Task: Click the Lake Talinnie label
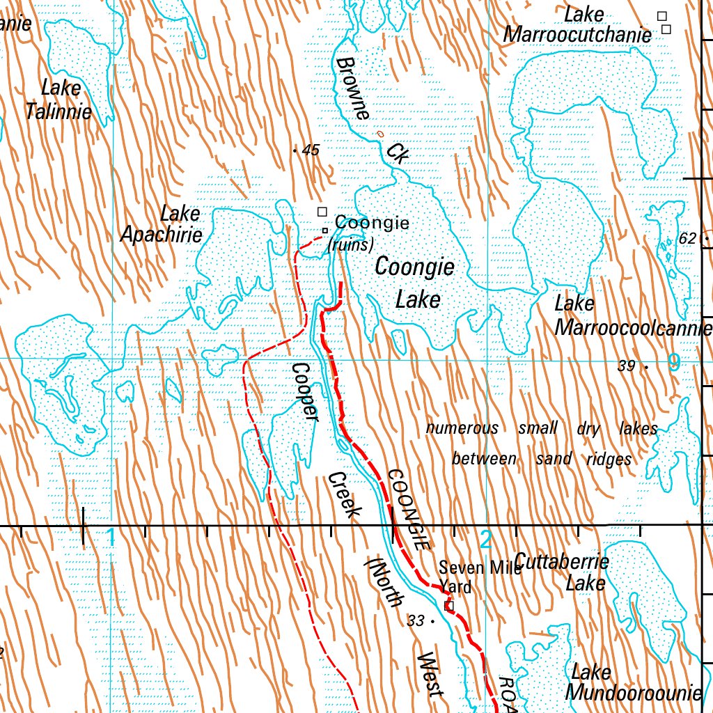pyautogui.click(x=60, y=100)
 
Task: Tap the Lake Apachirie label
pyautogui.click(x=162, y=224)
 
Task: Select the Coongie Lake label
pyautogui.click(x=415, y=283)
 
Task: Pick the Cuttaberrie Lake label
pyautogui.click(x=561, y=572)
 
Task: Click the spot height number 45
pyautogui.click(x=311, y=150)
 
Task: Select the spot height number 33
pyautogui.click(x=416, y=620)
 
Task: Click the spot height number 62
pyautogui.click(x=687, y=239)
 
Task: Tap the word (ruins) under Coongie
pyautogui.click(x=351, y=244)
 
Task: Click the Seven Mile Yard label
pyautogui.click(x=477, y=577)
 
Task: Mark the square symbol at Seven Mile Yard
pyautogui.click(x=449, y=606)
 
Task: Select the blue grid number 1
pyautogui.click(x=110, y=537)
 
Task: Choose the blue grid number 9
pyautogui.click(x=673, y=361)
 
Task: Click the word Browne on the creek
pyautogui.click(x=352, y=88)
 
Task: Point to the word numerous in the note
pyautogui.click(x=462, y=428)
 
